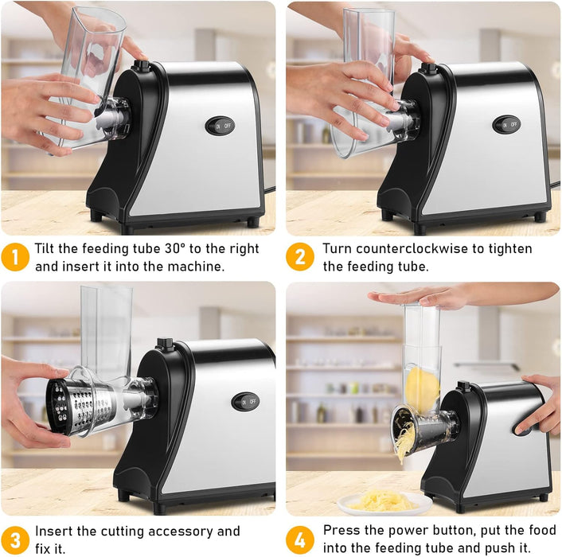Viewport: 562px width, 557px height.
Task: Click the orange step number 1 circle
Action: [16, 257]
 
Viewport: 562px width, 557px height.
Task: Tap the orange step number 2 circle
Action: [300, 257]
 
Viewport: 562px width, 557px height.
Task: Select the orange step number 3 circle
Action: [16, 539]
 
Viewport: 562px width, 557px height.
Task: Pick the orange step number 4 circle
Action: [300, 539]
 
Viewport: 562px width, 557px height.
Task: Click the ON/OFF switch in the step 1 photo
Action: [221, 126]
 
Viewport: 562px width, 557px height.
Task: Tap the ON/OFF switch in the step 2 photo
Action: [505, 125]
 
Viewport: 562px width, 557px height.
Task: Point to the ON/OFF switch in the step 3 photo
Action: [245, 401]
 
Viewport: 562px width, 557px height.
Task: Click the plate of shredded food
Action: [384, 501]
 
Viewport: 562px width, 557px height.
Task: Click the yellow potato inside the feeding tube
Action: [422, 388]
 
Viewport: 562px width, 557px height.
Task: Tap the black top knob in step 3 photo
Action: [166, 344]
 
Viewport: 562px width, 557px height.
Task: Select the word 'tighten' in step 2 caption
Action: [508, 249]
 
